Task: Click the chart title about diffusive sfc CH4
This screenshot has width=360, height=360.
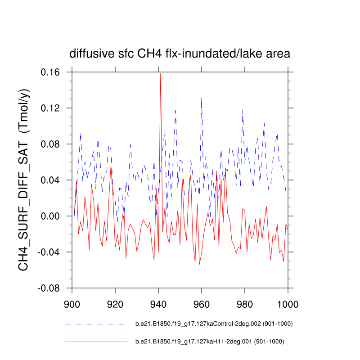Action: (180, 54)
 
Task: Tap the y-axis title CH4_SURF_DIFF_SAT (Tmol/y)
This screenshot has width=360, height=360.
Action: (24, 180)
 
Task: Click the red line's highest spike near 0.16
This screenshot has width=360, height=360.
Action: (160, 74)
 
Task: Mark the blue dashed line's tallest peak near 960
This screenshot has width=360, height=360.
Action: (202, 98)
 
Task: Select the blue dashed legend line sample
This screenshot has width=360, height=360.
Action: (94, 324)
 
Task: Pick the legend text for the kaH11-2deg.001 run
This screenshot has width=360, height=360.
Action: (210, 342)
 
